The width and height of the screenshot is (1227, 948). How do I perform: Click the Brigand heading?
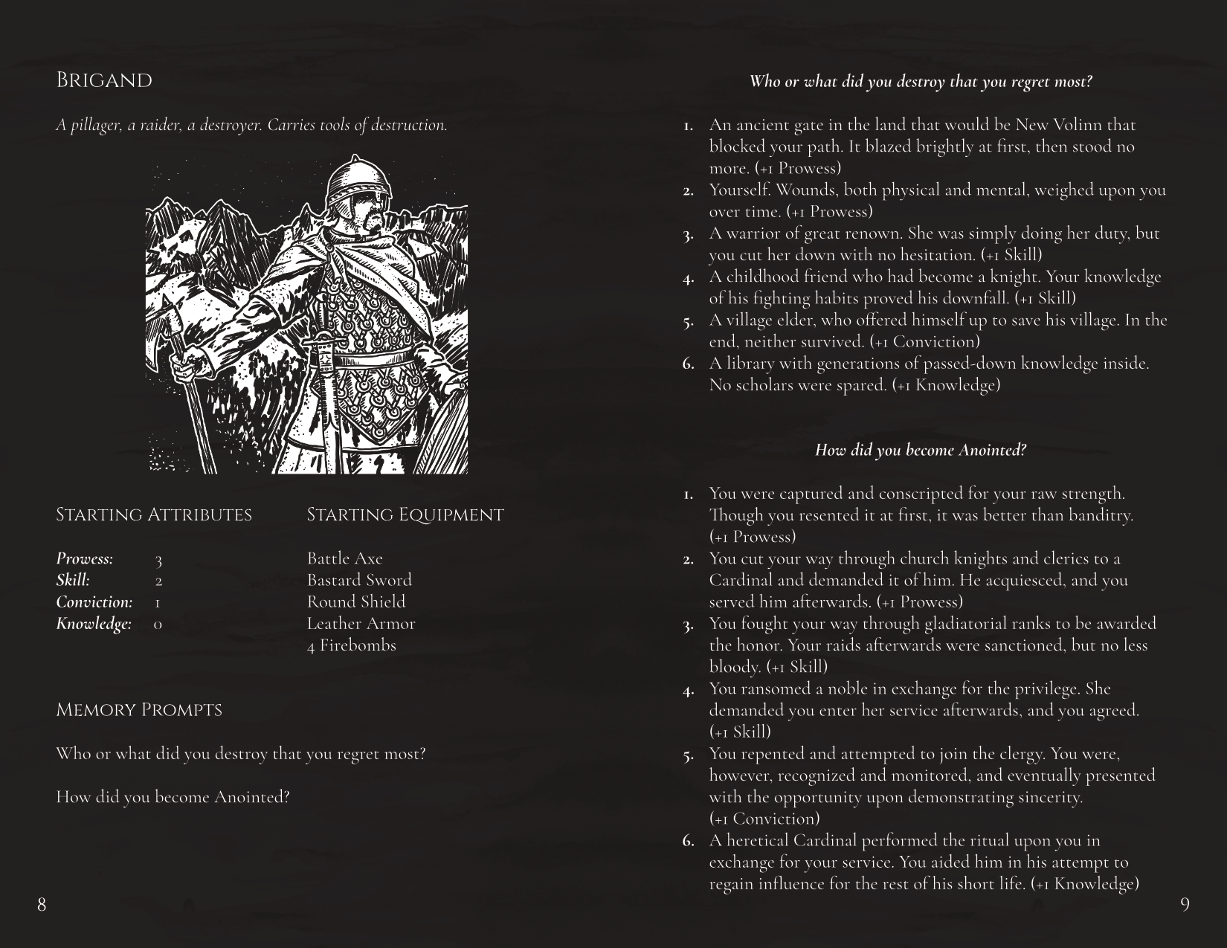[x=104, y=80]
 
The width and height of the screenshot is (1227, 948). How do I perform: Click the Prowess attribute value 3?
[x=158, y=559]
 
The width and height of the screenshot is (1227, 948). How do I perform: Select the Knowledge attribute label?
[x=94, y=624]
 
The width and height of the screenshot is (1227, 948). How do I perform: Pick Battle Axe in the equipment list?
[x=344, y=558]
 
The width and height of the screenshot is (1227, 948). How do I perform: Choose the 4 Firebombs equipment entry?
[x=351, y=645]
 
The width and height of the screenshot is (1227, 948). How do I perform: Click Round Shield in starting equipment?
[x=356, y=602]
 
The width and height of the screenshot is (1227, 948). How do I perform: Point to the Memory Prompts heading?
[x=139, y=710]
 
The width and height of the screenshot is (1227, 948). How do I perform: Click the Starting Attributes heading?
[x=154, y=515]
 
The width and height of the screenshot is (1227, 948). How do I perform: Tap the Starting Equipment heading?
[x=405, y=515]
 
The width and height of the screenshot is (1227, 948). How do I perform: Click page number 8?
[x=42, y=904]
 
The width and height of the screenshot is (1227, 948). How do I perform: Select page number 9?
[x=1185, y=904]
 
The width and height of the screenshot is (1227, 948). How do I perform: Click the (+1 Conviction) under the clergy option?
[x=764, y=819]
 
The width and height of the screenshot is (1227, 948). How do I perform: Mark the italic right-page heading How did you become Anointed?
[x=921, y=450]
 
